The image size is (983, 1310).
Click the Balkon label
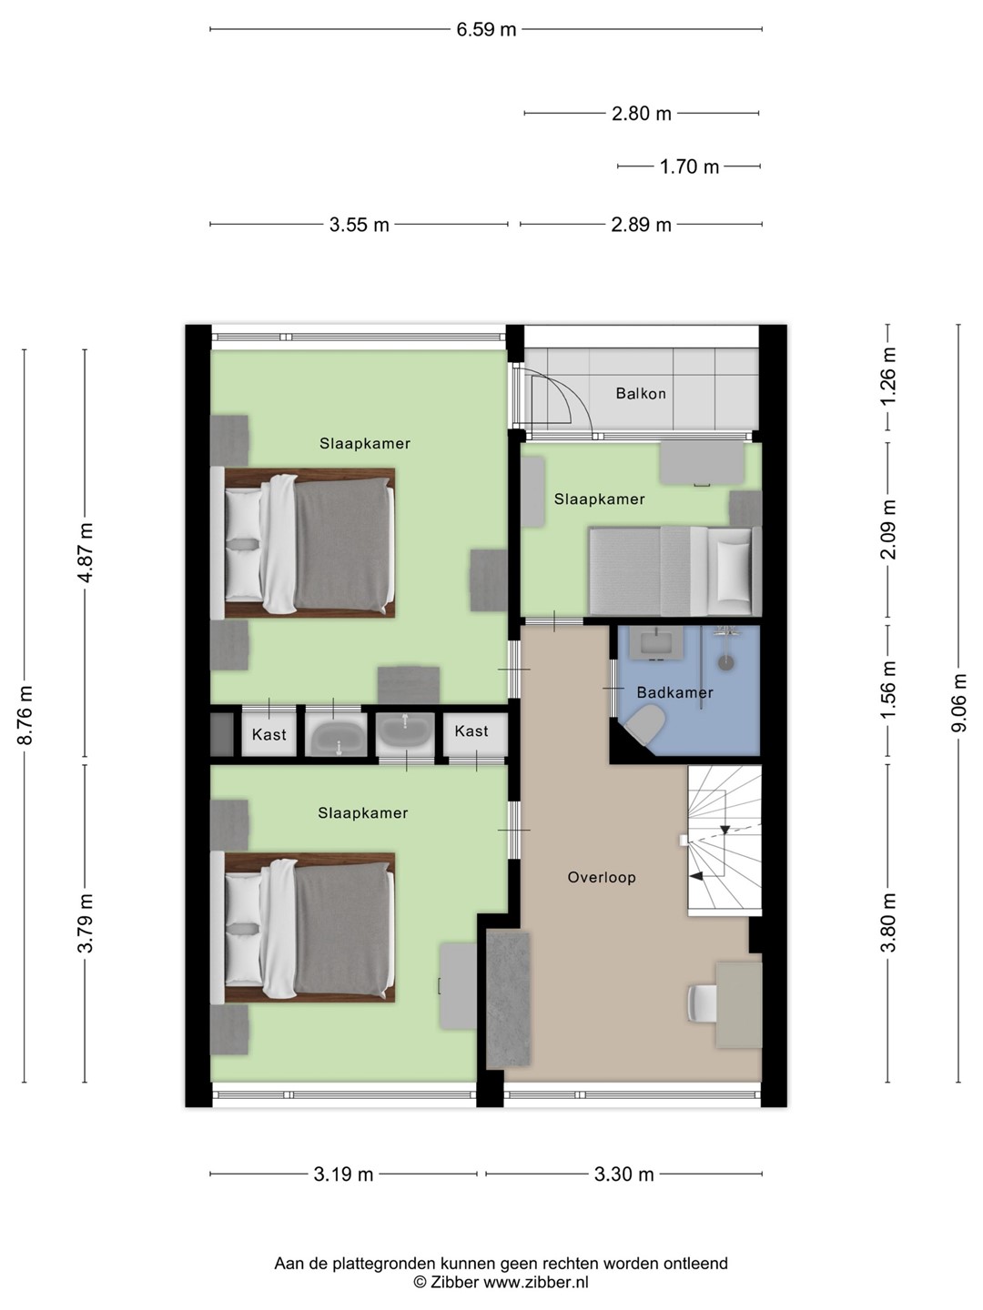641,393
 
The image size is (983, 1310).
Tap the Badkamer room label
674,692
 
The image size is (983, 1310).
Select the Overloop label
601,877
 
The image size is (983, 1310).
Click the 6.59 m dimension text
486,29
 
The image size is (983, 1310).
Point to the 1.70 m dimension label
689,166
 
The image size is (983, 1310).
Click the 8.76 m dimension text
25,716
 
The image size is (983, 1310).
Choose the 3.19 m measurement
343,1174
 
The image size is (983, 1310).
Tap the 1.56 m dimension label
888,691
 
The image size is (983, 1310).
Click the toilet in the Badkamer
647,723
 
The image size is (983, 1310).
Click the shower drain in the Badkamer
725,662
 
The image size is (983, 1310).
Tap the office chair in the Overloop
703,1003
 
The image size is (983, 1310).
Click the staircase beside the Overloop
725,840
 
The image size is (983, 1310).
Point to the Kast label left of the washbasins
269,734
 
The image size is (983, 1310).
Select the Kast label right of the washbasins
471,731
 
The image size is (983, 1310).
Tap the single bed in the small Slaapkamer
674,570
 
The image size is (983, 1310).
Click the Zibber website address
535,1282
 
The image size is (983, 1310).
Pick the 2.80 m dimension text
641,114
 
